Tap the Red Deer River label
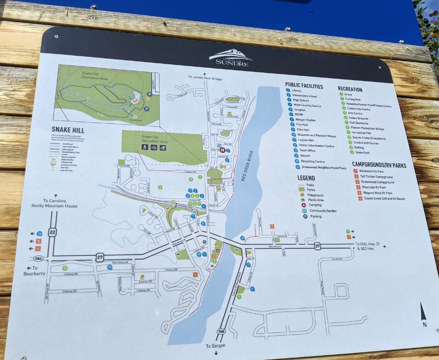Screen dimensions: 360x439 247,166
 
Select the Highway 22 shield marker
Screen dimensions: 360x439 52,232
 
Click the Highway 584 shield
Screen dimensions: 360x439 39,258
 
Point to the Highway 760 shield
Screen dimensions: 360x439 221,332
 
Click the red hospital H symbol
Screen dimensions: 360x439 222,150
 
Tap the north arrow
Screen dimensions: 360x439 423,314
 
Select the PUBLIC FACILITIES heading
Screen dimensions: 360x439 304,85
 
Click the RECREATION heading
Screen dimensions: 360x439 350,89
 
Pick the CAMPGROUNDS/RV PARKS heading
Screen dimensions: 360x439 379,165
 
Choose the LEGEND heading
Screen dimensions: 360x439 306,178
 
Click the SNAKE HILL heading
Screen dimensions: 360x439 68,130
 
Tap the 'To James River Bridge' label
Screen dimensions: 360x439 205,78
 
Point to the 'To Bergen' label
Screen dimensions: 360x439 216,346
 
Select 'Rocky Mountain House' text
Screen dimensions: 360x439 54,206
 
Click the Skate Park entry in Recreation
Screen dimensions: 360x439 362,153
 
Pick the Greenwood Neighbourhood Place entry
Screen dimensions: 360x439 324,167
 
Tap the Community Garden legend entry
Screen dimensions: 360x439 323,211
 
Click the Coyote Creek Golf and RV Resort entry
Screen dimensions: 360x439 384,199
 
